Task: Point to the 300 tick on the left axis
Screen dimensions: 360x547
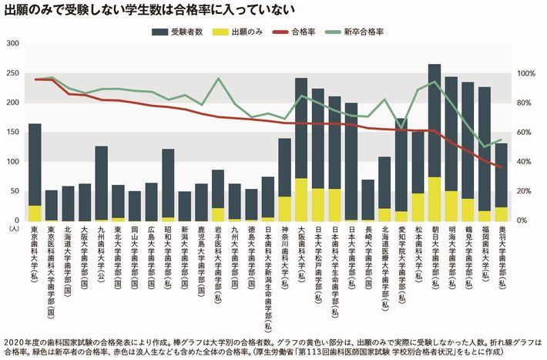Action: (11, 44)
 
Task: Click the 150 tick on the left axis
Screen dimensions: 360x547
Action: (11, 133)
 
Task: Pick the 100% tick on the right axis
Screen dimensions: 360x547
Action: (525, 74)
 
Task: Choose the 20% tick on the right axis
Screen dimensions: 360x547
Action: (524, 191)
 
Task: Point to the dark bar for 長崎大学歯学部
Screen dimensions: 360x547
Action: (368, 200)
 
